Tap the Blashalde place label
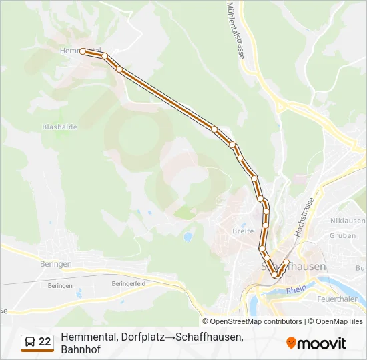point(60,127)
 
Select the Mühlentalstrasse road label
point(234,31)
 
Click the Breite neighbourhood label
point(243,231)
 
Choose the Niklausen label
point(348,221)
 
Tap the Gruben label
point(342,235)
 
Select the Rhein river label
point(295,291)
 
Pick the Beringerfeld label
point(129,283)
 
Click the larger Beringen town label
point(55,264)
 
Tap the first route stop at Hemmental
point(83,51)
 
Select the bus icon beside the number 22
point(30,342)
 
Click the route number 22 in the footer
point(45,342)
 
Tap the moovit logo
point(316,343)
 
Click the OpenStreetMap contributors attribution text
point(256,321)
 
